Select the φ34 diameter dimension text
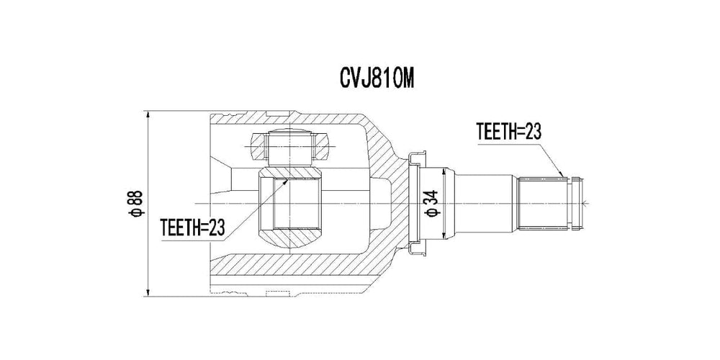[x=431, y=204]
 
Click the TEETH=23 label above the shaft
[x=508, y=131]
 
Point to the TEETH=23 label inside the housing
[x=193, y=227]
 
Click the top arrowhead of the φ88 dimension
[x=146, y=115]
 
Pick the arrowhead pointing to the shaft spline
[x=562, y=174]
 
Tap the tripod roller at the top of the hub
[x=293, y=147]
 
